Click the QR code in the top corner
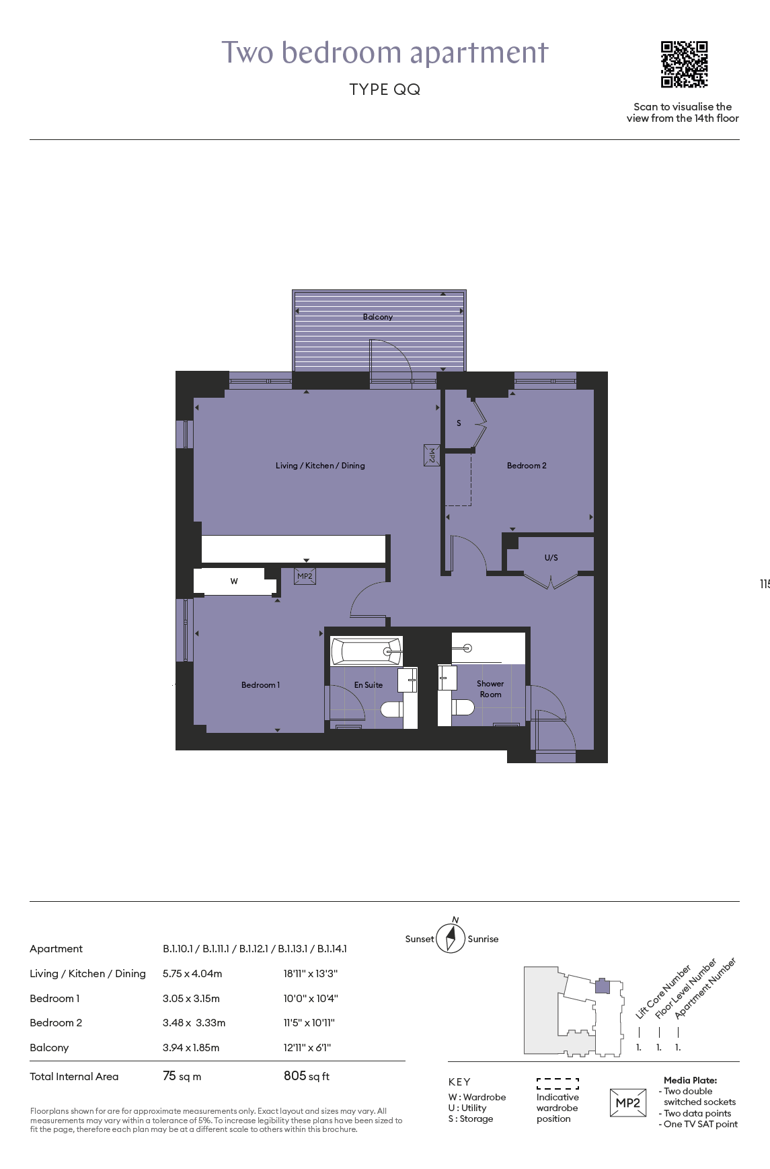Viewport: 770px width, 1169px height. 684,65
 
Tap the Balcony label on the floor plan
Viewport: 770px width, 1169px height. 378,317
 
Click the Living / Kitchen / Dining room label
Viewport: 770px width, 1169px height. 320,466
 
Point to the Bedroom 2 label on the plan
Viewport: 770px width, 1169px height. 527,466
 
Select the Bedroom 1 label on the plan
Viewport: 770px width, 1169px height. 260,685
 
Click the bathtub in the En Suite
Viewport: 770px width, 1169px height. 367,651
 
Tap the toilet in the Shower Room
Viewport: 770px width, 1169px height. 463,707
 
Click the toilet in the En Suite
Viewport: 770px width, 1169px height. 392,709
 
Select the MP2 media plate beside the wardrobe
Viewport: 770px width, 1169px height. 305,576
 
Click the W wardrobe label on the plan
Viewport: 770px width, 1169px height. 234,581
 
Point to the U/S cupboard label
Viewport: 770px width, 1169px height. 551,558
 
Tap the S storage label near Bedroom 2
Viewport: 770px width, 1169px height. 459,423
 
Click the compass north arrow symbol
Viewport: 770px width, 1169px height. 451,937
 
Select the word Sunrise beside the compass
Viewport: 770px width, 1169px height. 483,939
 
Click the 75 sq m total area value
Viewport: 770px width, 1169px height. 182,1076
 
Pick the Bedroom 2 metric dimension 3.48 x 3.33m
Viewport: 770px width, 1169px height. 194,1023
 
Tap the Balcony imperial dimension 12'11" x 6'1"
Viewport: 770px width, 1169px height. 307,1048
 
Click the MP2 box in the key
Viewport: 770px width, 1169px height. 628,1103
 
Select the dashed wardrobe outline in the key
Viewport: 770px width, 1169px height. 557,1084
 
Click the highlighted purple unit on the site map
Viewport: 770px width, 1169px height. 603,987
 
